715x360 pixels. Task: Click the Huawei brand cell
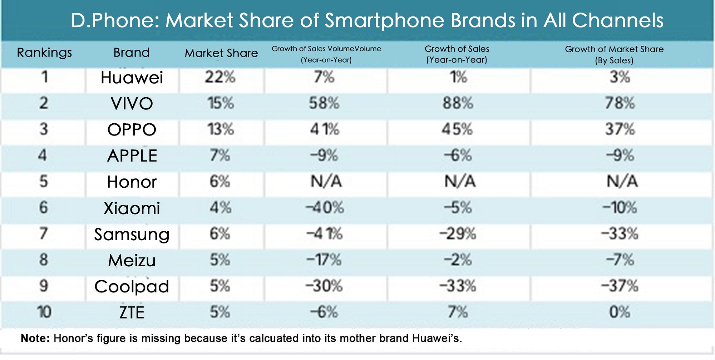[132, 78]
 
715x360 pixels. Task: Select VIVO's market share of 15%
[221, 103]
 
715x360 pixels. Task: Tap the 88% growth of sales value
[458, 103]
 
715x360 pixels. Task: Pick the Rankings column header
[44, 53]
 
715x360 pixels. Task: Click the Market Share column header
[221, 53]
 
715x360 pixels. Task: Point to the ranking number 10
[44, 312]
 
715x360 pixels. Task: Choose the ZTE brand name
[132, 312]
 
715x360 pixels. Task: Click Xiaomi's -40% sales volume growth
[325, 208]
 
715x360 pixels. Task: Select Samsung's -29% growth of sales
[458, 234]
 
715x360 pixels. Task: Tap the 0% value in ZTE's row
[620, 312]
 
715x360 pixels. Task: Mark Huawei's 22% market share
[220, 77]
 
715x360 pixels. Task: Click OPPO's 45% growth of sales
[457, 129]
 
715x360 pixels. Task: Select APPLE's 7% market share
[220, 156]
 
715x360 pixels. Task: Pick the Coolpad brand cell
[132, 287]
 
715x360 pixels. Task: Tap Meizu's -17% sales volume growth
[324, 260]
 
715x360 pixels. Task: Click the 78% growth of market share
[620, 103]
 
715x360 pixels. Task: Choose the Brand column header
[132, 53]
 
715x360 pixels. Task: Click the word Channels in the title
[618, 20]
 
